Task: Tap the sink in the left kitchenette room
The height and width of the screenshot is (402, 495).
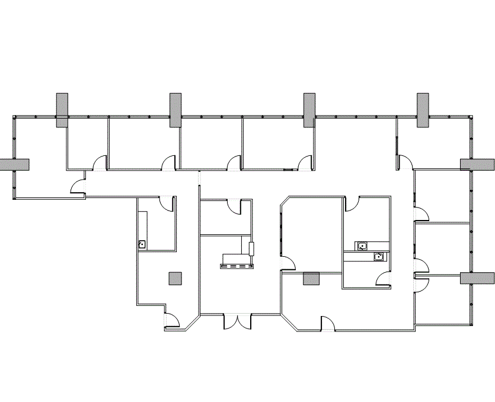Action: [142, 244]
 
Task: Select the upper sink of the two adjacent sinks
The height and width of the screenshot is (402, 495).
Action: [362, 245]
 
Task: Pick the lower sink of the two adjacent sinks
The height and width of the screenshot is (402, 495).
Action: [378, 257]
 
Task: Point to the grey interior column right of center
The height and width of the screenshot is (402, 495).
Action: [311, 279]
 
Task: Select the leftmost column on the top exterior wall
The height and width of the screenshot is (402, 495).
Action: [62, 110]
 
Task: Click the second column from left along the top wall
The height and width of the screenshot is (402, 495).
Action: [175, 110]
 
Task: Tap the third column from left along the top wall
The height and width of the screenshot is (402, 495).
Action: [309, 110]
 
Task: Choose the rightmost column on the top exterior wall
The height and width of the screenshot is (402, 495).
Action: [423, 110]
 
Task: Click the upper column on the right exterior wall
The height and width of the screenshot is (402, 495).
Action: [477, 165]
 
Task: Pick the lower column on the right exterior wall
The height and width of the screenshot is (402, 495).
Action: [477, 279]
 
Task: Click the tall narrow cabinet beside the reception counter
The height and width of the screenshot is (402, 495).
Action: [251, 248]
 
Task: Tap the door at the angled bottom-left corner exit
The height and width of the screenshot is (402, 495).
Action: [173, 320]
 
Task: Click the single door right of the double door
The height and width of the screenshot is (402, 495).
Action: [328, 324]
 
